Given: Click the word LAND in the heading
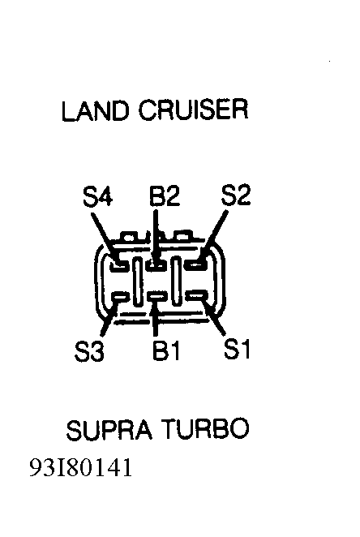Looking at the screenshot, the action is click(96, 110).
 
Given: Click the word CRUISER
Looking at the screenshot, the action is click(193, 110).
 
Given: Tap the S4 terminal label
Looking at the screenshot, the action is click(97, 195).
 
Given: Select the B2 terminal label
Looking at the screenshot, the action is click(165, 195).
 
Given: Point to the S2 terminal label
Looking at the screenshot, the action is click(236, 195).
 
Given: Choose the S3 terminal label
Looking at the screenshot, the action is click(89, 351).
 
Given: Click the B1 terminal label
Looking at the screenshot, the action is click(165, 350).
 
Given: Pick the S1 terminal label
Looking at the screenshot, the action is click(237, 349).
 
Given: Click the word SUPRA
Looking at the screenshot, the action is click(109, 430).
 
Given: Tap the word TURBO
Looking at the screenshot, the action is click(205, 428).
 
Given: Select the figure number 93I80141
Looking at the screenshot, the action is click(81, 468).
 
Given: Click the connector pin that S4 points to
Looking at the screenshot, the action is click(119, 264).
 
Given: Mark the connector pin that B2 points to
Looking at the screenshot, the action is click(156, 264).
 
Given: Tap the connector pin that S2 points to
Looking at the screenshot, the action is click(196, 264).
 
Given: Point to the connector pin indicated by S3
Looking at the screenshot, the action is click(121, 296).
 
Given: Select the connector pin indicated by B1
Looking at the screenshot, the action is click(156, 296).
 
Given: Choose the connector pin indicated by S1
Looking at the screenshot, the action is click(197, 295).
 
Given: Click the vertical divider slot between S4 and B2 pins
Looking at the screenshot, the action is click(138, 281).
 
